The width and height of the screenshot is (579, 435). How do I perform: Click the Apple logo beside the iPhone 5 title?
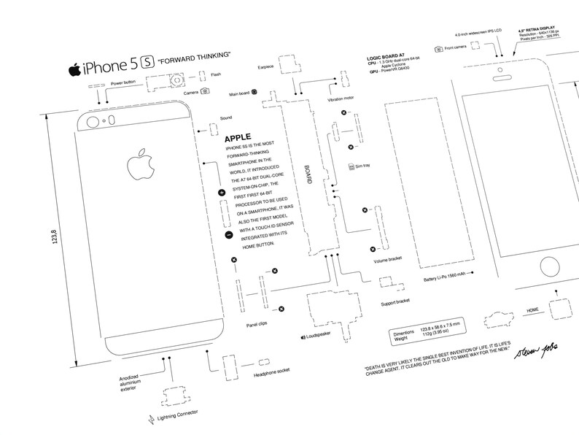(x=74, y=70)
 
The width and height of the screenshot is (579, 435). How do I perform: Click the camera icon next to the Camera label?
(x=206, y=91)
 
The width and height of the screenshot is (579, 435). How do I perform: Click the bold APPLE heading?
(x=239, y=136)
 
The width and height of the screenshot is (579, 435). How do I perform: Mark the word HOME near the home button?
(x=534, y=311)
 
